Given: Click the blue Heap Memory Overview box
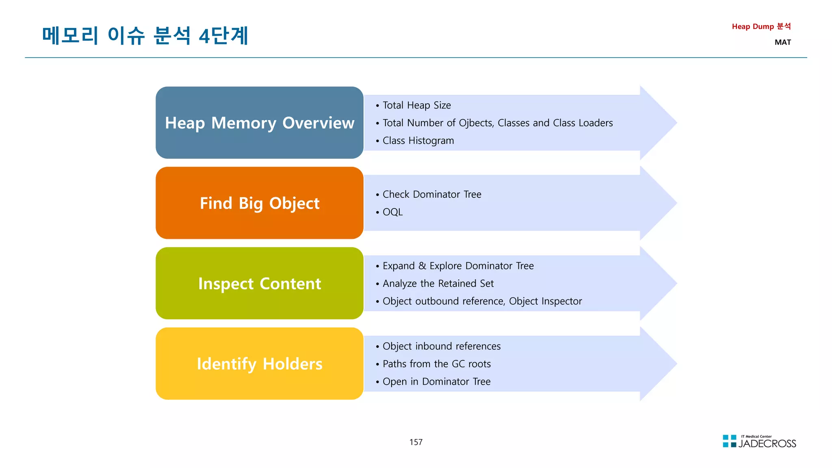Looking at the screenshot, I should click(x=259, y=123).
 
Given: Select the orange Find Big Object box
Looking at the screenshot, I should click(x=259, y=203).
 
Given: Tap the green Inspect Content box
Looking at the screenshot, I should click(x=259, y=283).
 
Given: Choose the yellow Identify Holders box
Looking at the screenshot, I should click(x=259, y=364).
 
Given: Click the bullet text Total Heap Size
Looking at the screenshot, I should click(x=416, y=105).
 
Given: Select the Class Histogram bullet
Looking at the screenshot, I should click(x=418, y=141).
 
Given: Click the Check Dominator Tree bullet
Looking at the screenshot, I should click(x=431, y=194).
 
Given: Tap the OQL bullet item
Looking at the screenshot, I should click(x=392, y=212).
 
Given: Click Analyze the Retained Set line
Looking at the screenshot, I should click(x=438, y=284).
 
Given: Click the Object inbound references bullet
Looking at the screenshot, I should click(x=441, y=346).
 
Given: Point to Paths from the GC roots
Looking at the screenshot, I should click(x=436, y=364).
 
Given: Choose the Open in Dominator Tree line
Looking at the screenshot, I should click(x=436, y=381).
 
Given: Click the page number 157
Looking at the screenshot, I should click(x=416, y=442).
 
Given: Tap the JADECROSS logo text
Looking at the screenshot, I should click(x=767, y=444).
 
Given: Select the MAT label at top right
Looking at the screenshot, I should click(x=782, y=42).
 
